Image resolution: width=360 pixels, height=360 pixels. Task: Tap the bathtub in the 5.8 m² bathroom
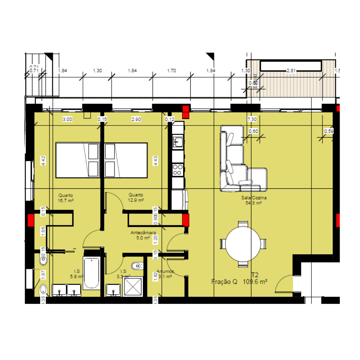coord(92,273)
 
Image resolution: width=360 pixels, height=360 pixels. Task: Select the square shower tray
coord(133,286)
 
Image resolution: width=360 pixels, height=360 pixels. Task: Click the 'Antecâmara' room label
coord(143,233)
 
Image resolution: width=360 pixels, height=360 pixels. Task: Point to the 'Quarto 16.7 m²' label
coord(65,198)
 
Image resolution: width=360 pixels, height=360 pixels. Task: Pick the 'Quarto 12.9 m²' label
coord(136,197)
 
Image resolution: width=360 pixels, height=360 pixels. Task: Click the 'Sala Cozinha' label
coord(254,198)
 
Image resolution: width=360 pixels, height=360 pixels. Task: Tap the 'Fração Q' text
coord(224,282)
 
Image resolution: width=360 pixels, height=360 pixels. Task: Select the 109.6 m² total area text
coord(255,282)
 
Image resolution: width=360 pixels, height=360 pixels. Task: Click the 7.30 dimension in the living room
coord(252,119)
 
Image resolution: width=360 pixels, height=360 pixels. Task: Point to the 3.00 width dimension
coord(67,119)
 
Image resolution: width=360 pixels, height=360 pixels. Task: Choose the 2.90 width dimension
coord(136,119)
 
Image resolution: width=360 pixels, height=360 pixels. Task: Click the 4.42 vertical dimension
coord(43,160)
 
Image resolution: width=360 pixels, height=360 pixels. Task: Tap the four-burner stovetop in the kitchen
coord(178,170)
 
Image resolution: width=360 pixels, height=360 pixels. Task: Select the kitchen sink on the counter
coord(178,142)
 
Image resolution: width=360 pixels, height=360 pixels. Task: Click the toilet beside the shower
coord(137,265)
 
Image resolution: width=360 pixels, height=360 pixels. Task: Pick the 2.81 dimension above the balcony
coord(291,71)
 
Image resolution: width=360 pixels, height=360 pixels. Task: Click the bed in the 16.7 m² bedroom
coord(78,160)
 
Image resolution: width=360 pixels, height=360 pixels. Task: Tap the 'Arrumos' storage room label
coord(165,271)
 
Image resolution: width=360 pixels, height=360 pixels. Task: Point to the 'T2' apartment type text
coord(255,275)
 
